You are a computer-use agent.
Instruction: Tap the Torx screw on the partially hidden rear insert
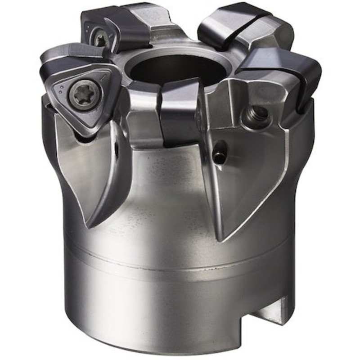pyautogui.click(x=99, y=38)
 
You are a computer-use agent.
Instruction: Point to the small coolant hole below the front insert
pyautogui.click(x=220, y=156)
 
